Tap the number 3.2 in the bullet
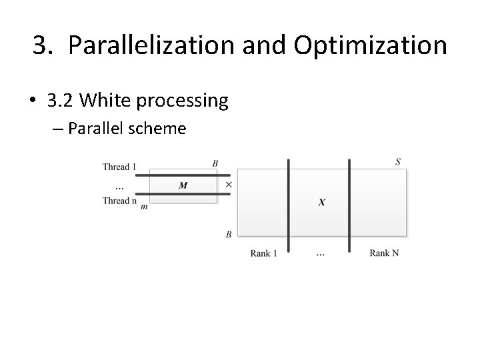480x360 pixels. click(x=63, y=101)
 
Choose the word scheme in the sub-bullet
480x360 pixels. click(x=157, y=128)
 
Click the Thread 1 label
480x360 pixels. click(x=119, y=167)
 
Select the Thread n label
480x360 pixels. click(x=119, y=200)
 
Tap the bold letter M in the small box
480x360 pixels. click(x=183, y=185)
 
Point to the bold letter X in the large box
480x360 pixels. click(x=322, y=202)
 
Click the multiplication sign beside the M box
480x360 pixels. click(x=229, y=184)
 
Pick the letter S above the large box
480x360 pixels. click(x=398, y=161)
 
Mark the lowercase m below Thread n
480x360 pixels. click(x=144, y=207)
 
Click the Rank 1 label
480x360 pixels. click(x=264, y=253)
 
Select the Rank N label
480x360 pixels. click(x=385, y=253)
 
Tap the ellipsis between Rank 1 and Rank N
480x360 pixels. click(x=321, y=254)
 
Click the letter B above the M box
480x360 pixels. click(x=215, y=163)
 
